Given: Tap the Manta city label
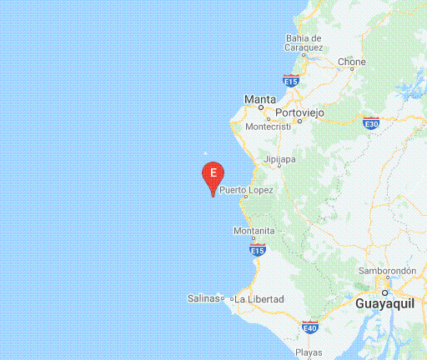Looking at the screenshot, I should point(259,99).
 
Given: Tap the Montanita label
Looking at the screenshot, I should point(254,231).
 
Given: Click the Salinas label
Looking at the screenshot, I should point(203,298).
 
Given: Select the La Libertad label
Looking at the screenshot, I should point(259,299).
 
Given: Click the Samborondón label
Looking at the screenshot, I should point(387,271).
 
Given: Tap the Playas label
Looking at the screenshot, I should point(309,352).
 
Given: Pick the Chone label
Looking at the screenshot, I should point(352,62).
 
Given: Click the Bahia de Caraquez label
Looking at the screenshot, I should point(304,42).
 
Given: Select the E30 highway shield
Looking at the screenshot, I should point(372,123).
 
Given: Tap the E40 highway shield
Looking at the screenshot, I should point(310,327).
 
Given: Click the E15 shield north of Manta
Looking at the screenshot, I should point(290,80).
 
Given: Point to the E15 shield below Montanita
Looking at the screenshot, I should point(258,249).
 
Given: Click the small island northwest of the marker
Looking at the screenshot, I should point(207,153).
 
